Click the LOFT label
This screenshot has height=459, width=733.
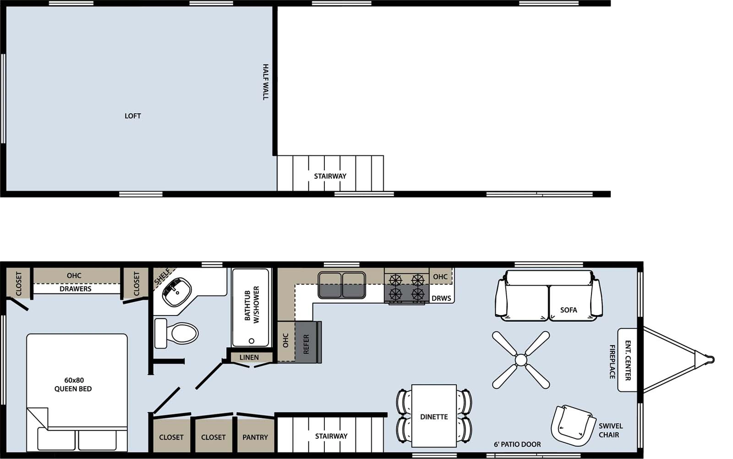133,116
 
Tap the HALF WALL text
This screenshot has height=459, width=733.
266,82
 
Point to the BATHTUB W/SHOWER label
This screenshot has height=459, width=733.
252,305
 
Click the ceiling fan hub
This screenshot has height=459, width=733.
521,360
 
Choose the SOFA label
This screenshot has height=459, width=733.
568,310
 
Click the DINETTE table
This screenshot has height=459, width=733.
434,416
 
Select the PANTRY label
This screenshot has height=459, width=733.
255,437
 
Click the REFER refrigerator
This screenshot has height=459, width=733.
306,344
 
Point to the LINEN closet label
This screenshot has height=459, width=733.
249,357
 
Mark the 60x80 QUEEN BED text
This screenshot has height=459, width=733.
73,385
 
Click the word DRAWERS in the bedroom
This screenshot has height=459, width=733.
76,289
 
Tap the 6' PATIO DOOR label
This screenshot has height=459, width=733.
517,444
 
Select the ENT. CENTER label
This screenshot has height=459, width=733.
628,360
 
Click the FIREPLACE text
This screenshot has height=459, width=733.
613,362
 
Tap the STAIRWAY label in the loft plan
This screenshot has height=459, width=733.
330,176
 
